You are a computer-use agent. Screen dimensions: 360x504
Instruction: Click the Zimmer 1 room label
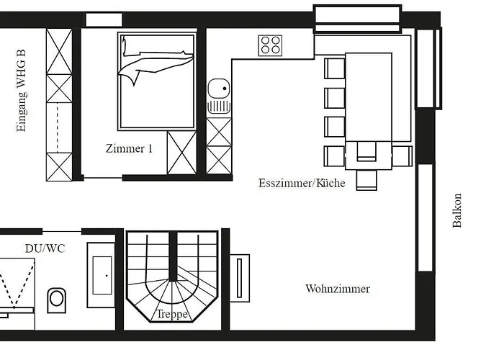click(x=129, y=149)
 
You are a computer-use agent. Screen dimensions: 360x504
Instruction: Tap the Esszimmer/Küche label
click(x=302, y=183)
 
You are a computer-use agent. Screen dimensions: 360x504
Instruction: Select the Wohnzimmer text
click(x=338, y=289)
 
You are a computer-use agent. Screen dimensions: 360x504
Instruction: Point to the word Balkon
click(x=457, y=210)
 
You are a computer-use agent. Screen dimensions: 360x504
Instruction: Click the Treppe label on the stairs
click(x=173, y=315)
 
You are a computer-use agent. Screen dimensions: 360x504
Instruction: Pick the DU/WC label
click(x=45, y=248)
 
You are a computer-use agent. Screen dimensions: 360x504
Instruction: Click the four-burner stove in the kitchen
click(x=271, y=45)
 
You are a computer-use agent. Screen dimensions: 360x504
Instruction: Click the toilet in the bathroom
click(x=56, y=300)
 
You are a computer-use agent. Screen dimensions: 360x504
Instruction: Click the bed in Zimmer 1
click(x=157, y=81)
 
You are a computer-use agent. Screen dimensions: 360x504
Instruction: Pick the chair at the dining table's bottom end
click(x=366, y=178)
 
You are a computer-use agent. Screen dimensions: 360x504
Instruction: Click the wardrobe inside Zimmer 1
click(x=181, y=153)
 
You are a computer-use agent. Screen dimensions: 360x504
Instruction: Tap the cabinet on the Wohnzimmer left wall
click(x=240, y=277)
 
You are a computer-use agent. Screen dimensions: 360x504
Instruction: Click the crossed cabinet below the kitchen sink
click(x=219, y=145)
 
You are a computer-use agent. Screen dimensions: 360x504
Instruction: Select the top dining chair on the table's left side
click(x=335, y=68)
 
